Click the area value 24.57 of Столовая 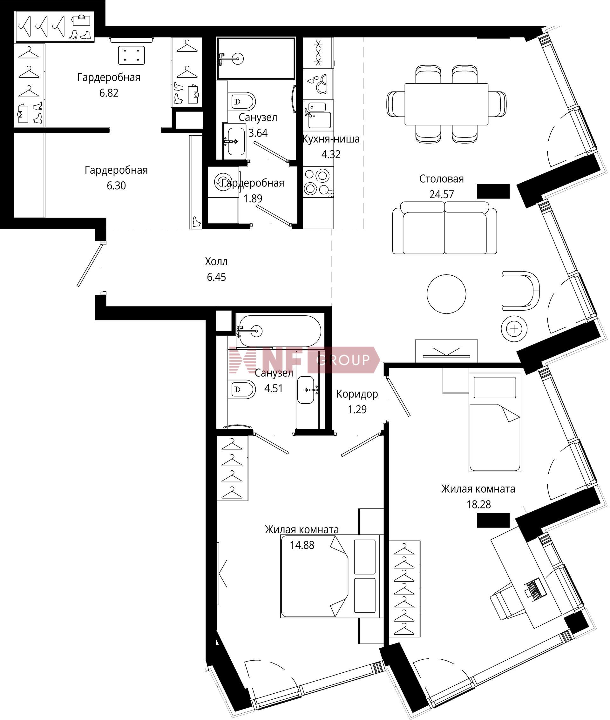tap(441, 194)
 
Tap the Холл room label tap(216, 262)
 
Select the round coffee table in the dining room tap(446, 294)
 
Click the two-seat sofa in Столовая tap(444, 228)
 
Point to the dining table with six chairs tap(446, 104)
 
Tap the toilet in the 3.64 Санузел tap(242, 101)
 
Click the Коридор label tap(357, 394)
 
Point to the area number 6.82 tap(109, 93)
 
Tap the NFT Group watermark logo tap(304, 360)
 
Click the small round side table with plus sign tap(514, 329)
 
